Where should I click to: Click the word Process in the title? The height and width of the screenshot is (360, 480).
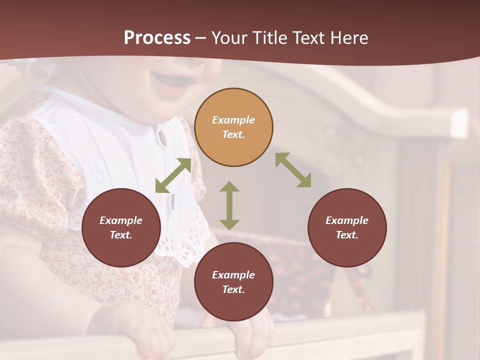tap(157, 38)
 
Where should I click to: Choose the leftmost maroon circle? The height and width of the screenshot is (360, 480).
tap(121, 227)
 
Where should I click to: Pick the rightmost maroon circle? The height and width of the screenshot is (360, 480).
tap(347, 227)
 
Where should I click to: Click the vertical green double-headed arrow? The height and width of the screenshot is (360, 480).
tap(229, 205)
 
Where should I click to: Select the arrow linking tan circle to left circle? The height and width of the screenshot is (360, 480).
tap(173, 175)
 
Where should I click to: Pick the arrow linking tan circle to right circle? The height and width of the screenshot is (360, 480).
tap(293, 170)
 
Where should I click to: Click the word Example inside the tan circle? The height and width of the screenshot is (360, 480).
tap(233, 120)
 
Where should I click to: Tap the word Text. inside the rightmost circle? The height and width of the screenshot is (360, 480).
tap(347, 235)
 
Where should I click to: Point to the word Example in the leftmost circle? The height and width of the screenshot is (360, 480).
tap(121, 220)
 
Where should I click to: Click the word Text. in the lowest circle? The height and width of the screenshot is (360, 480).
tap(233, 289)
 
